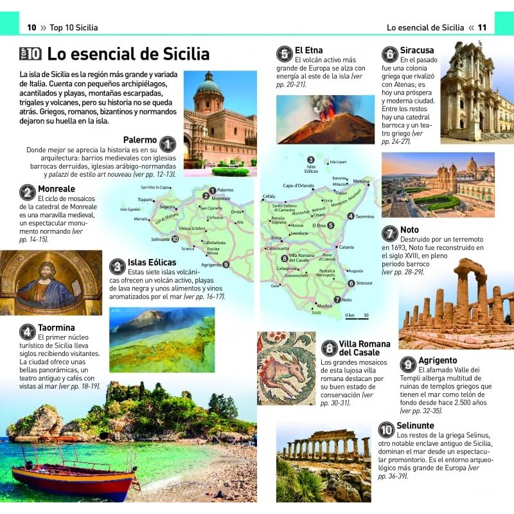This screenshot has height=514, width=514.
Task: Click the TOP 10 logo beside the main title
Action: point(30,54)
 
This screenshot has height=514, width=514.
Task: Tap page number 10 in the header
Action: point(31,28)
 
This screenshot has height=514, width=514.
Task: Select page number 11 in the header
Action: point(482,28)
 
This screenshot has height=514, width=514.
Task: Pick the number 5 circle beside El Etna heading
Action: point(284,53)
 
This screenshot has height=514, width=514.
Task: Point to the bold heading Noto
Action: point(409,230)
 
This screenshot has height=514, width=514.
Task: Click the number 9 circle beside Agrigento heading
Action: point(407,364)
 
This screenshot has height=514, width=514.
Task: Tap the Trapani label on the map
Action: point(145,199)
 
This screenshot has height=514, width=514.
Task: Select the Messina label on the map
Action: point(361,181)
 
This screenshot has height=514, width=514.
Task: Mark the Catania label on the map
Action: point(346,247)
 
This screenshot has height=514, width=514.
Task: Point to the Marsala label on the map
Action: point(140,219)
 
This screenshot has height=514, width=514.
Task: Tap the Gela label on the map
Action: point(275,285)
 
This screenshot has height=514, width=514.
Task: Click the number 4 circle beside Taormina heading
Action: point(27,332)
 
